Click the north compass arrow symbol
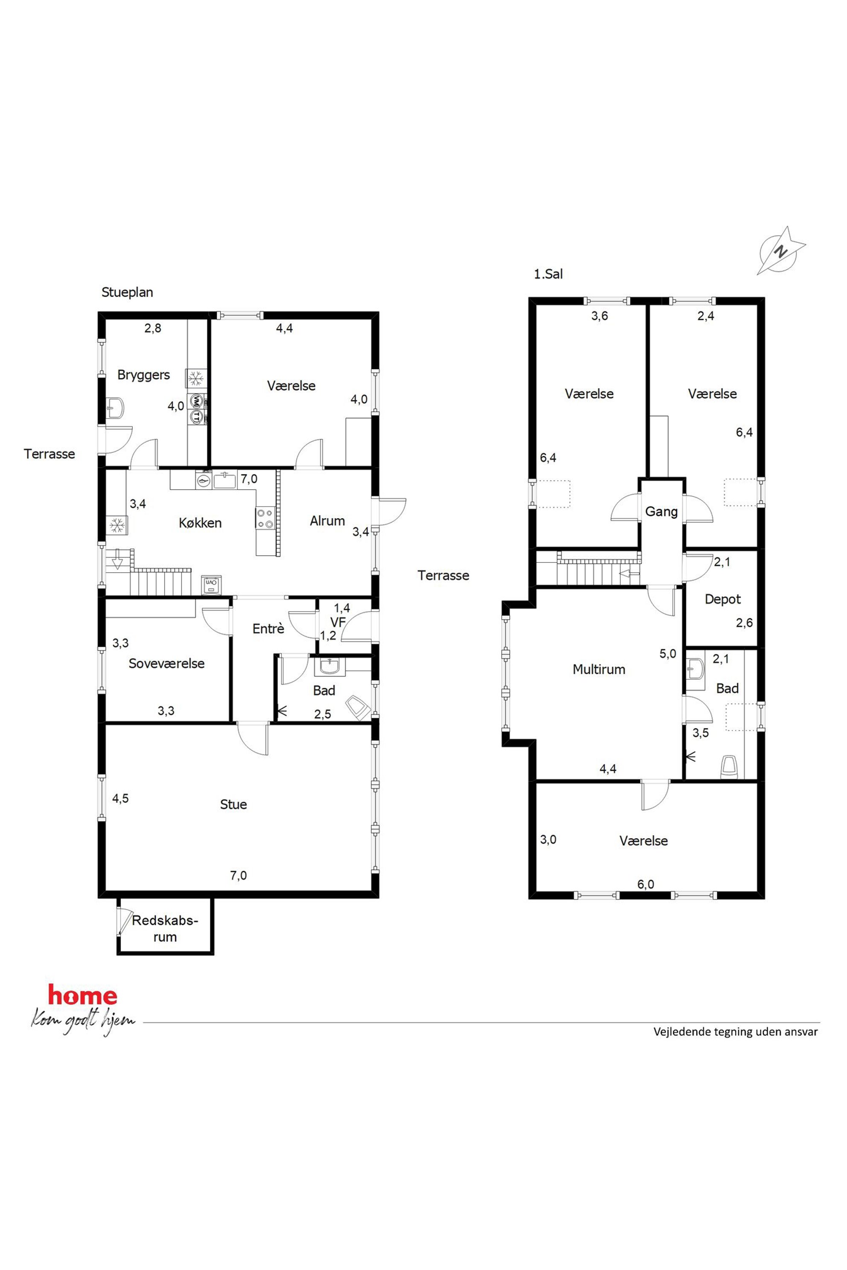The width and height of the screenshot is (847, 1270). point(781,251)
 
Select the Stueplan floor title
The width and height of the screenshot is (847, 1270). point(128,292)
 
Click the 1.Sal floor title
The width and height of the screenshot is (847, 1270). point(548,274)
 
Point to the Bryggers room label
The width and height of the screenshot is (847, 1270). point(144,375)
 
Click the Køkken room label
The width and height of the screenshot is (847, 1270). point(200,523)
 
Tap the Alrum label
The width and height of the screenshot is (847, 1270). point(327,521)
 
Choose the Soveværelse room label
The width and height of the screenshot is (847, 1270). point(166,663)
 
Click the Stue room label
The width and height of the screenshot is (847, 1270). point(234,804)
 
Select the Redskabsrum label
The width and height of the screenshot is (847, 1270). point(165,928)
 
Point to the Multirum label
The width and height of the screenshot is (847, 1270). point(599,669)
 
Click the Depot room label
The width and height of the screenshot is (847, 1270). point(723,599)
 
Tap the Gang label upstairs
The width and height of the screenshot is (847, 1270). point(662,511)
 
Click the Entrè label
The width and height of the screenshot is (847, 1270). point(269,628)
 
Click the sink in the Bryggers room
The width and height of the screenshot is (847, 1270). point(115,407)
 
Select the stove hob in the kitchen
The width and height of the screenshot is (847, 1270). point(264,518)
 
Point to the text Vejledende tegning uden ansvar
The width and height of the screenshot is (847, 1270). point(736,1031)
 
